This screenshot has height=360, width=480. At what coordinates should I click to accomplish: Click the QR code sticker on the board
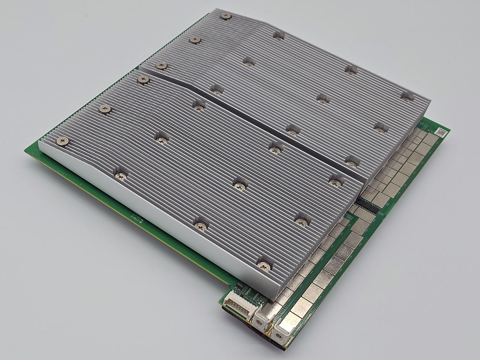pyautogui.click(x=440, y=132)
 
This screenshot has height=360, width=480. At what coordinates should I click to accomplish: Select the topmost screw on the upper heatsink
pyautogui.click(x=226, y=16)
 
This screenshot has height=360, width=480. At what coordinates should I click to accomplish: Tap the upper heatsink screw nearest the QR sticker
pyautogui.click(x=407, y=96)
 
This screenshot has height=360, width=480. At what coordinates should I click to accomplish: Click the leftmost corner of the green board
pyautogui.click(x=26, y=151)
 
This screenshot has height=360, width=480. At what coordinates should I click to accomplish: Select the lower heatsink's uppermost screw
pyautogui.click(x=143, y=80)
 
